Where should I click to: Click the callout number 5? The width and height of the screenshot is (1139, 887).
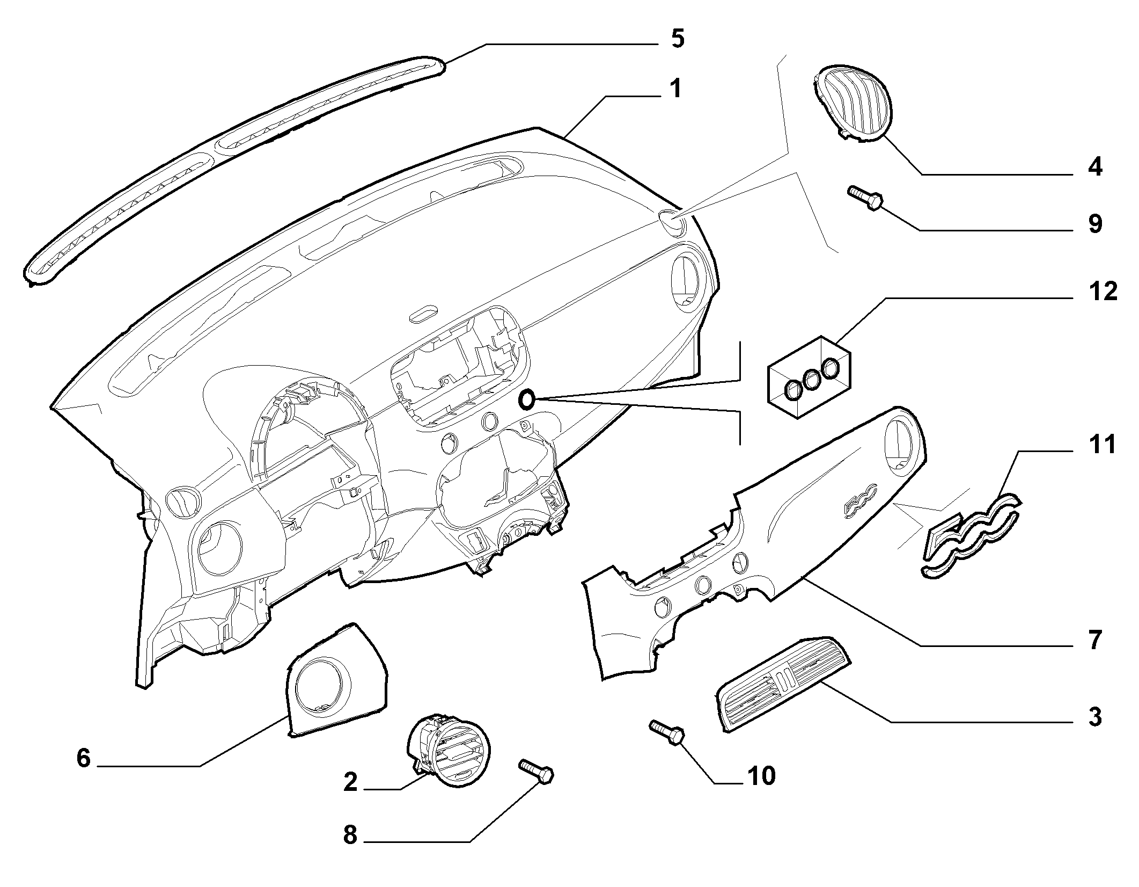pyautogui.click(x=678, y=39)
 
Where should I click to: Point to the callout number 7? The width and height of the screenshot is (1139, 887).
pyautogui.click(x=1094, y=640)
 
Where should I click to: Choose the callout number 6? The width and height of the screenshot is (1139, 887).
pyautogui.click(x=84, y=758)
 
